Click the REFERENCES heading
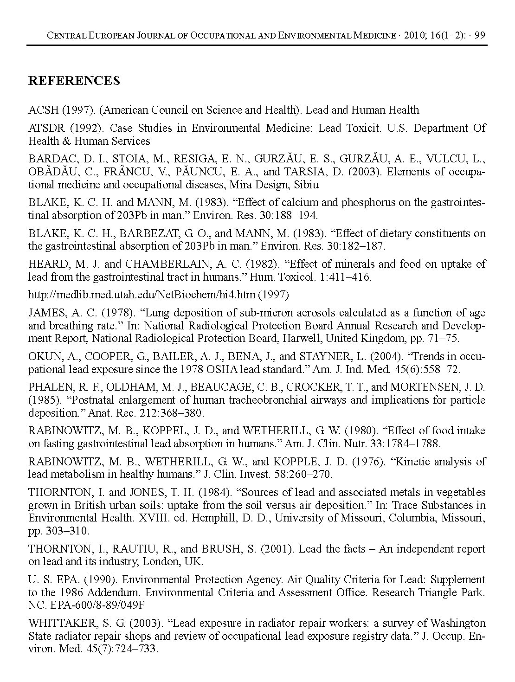coord(74,81)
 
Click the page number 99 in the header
coord(480,36)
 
